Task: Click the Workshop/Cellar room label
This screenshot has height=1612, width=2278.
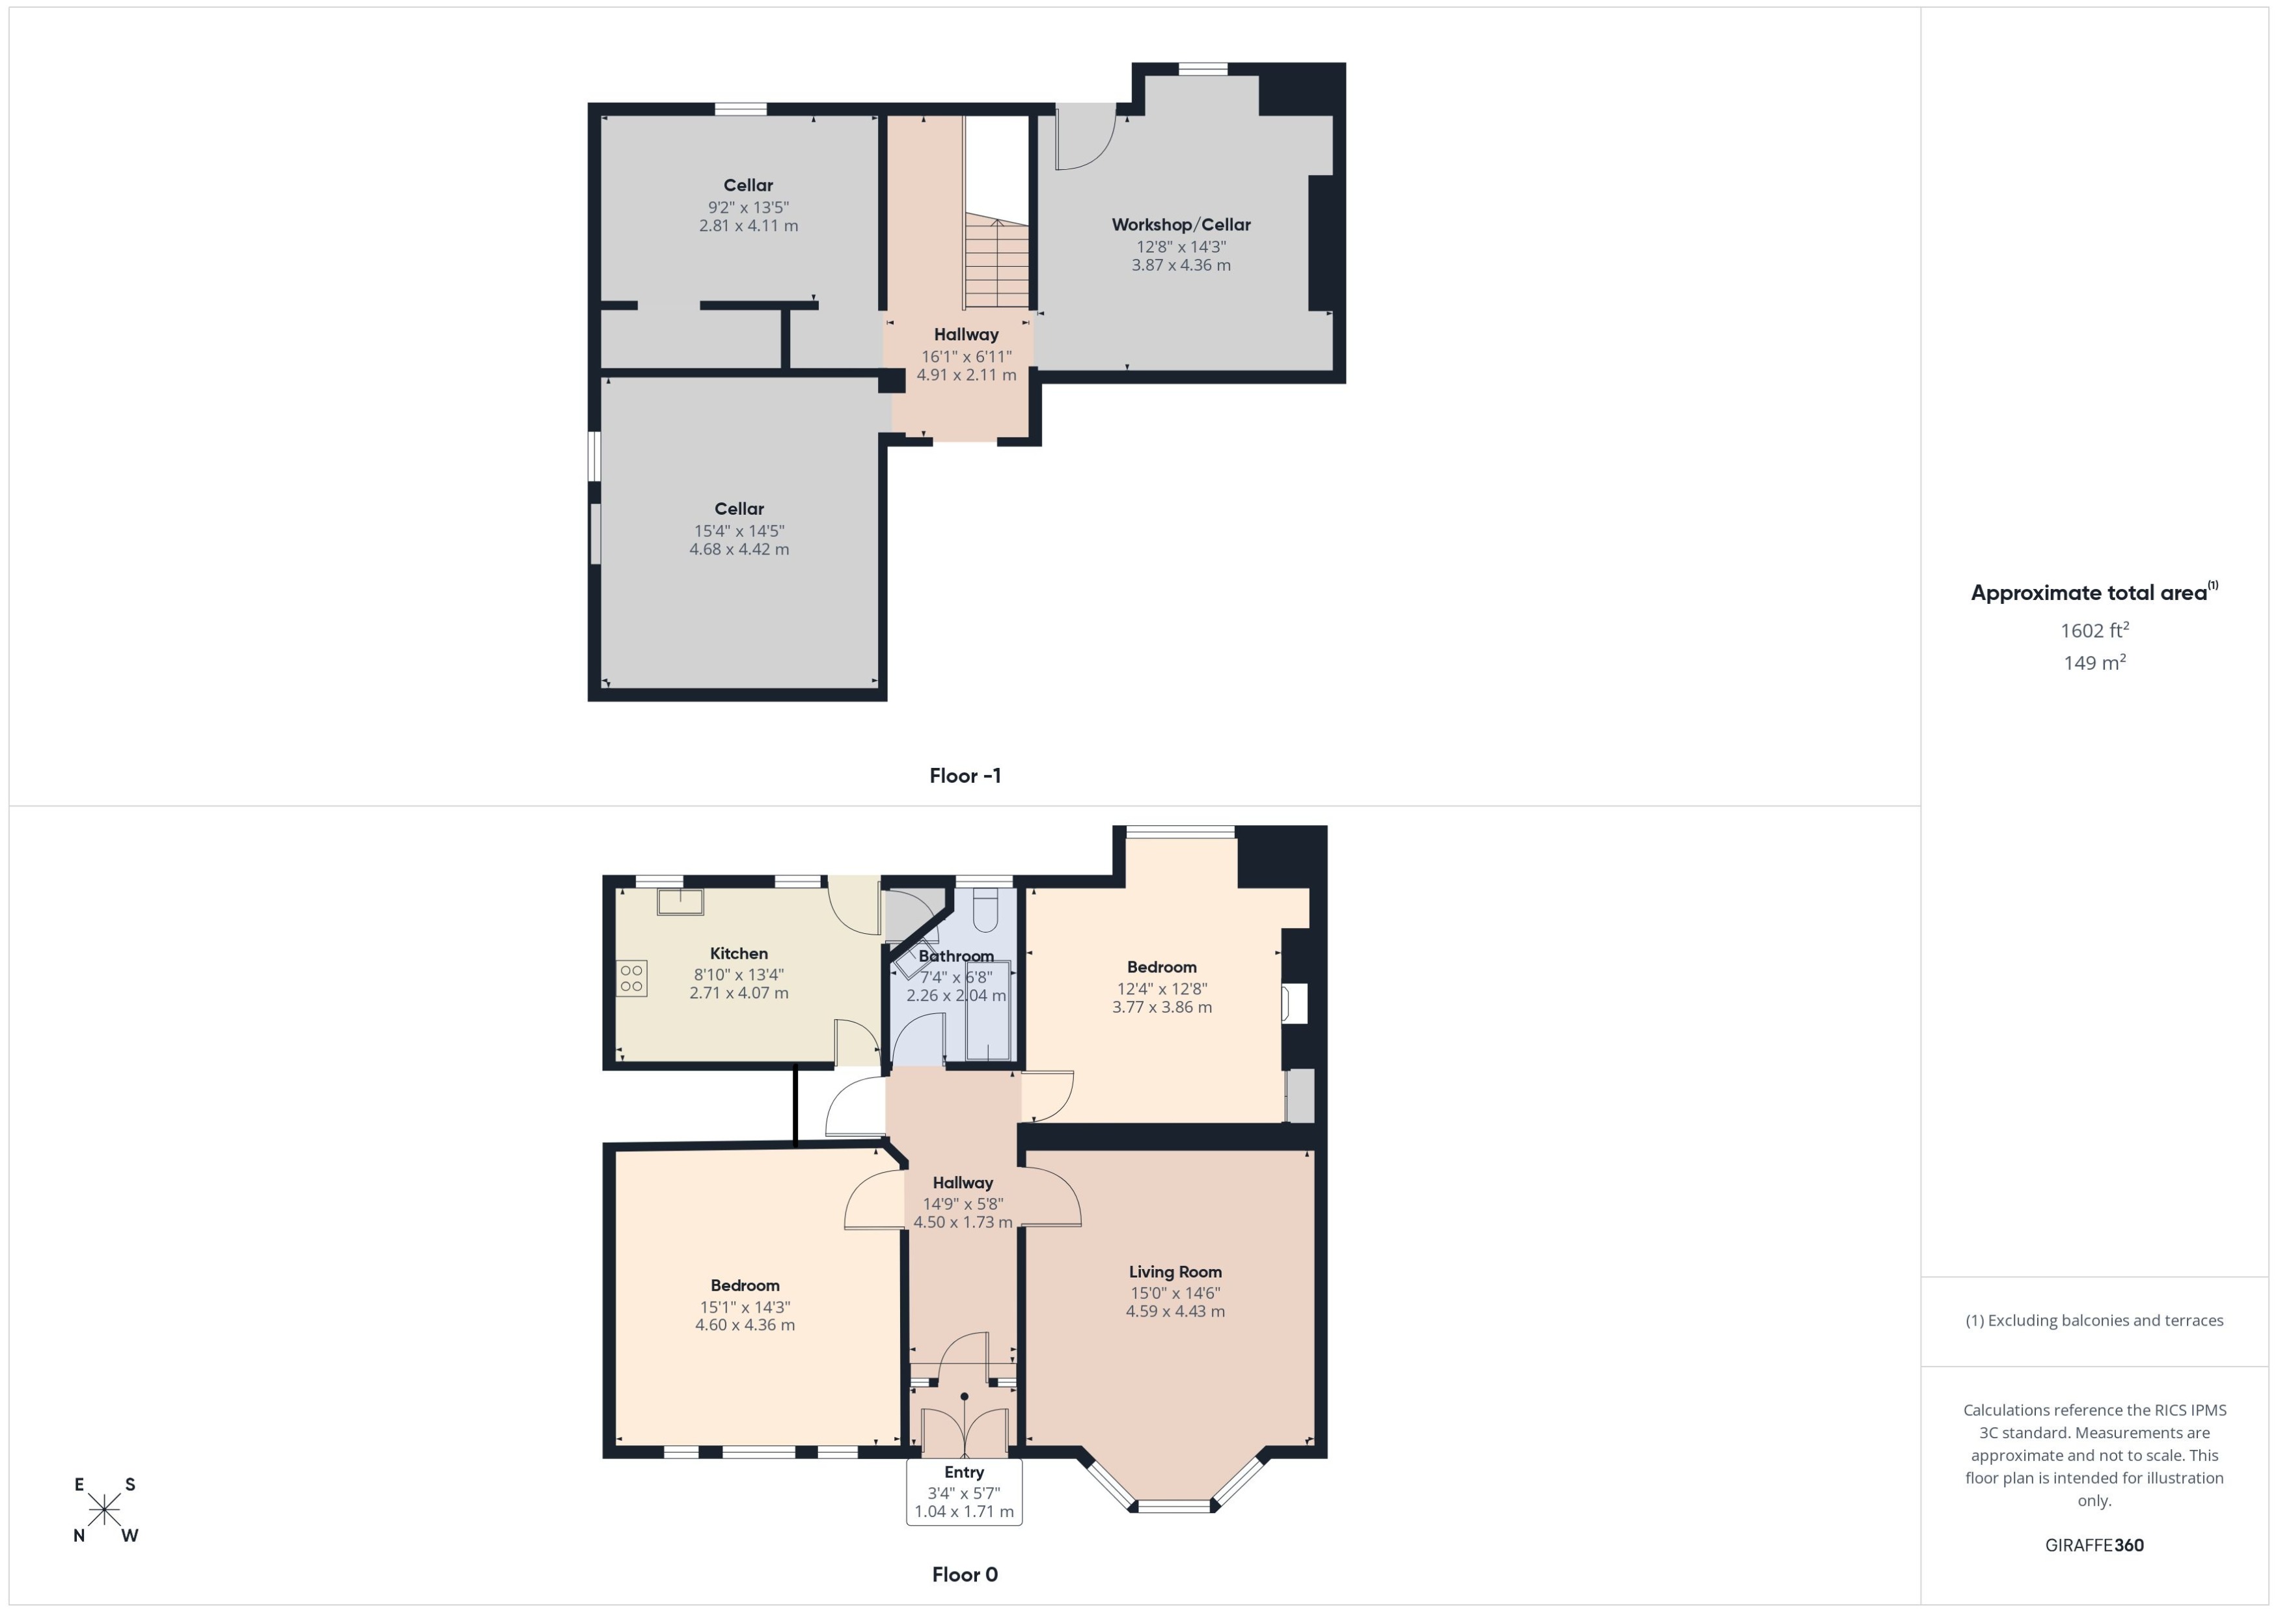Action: pos(1180,225)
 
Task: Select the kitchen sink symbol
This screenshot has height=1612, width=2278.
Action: pos(680,901)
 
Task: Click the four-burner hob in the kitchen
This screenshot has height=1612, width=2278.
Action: pos(631,977)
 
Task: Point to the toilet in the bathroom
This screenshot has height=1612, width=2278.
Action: pos(985,910)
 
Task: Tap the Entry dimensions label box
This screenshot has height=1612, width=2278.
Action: pos(964,1492)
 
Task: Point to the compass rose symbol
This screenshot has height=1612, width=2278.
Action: pos(104,1510)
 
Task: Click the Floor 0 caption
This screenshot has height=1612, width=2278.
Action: pos(965,1574)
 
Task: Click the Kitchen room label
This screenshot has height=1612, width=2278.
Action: pos(739,953)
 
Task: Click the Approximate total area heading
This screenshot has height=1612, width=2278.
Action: pos(2093,593)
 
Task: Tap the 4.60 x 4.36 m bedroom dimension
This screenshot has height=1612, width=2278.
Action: pos(745,1324)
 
